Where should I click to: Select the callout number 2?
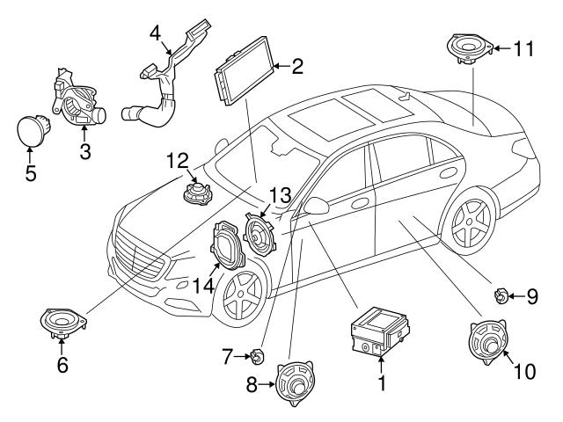tap(297, 65)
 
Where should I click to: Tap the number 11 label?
tap(524, 48)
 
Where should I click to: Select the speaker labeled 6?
tap(63, 323)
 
